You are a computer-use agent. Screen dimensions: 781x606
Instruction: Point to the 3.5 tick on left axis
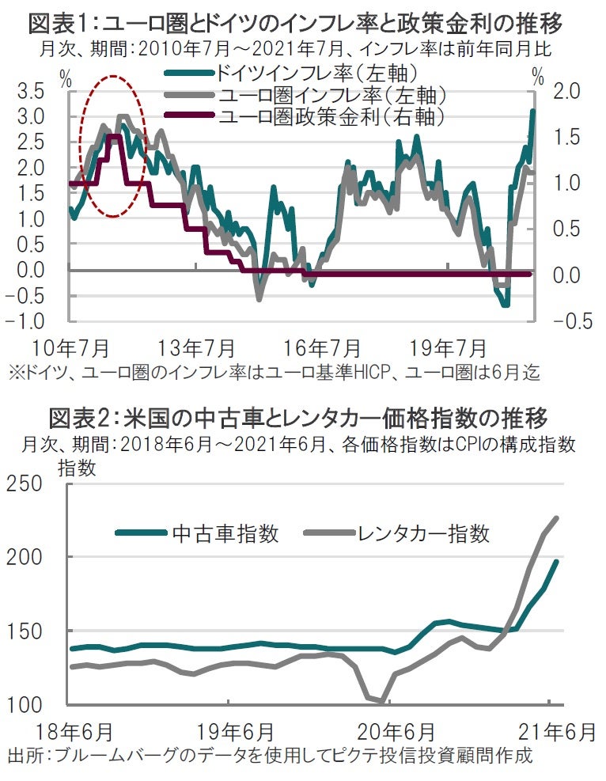[x=31, y=92]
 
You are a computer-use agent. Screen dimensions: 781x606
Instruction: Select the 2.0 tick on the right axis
[x=567, y=92]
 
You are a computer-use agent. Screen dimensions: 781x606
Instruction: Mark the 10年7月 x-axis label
[x=71, y=348]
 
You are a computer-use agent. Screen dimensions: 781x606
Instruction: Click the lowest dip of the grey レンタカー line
[x=382, y=701]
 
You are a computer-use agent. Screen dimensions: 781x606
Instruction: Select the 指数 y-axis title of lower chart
[x=78, y=467]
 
